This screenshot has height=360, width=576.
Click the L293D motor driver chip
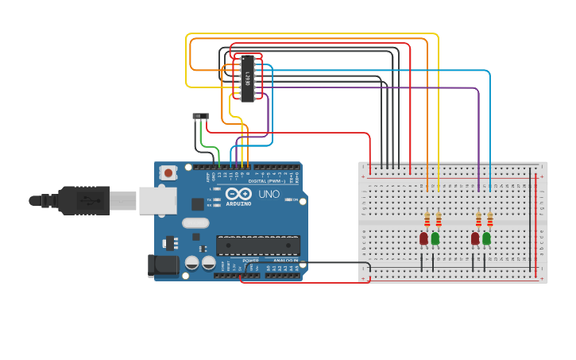tap(249, 79)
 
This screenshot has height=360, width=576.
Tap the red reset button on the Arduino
tap(168, 172)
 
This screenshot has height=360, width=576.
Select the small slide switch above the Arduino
tap(200, 116)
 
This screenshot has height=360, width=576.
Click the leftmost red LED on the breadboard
tap(423, 238)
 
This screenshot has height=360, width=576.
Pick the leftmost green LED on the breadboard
tap(435, 238)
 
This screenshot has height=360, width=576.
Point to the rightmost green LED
tap(486, 238)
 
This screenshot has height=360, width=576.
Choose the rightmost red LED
tap(475, 238)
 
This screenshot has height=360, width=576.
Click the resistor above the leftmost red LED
tap(427, 219)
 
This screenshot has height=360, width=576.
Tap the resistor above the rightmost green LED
tap(489, 219)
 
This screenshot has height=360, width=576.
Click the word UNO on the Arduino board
tap(269, 195)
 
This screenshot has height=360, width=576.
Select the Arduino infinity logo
tap(238, 194)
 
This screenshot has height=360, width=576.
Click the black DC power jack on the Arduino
tap(163, 265)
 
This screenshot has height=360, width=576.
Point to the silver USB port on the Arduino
tap(157, 200)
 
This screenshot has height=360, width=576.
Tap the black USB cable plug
tap(83, 200)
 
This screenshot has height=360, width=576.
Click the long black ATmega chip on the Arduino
tap(258, 246)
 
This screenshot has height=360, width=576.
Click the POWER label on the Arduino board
tap(250, 261)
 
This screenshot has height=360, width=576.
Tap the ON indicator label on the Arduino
tap(295, 200)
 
